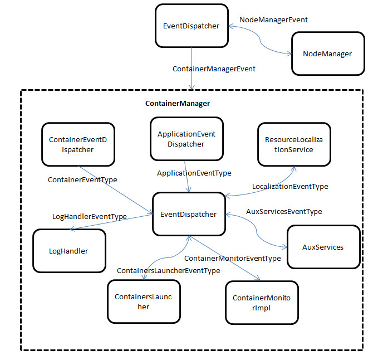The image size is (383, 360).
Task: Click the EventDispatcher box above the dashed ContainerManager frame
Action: coord(192,26)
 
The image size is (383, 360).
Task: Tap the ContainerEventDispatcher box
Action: coord(78,145)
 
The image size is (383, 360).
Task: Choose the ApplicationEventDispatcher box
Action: coord(186,139)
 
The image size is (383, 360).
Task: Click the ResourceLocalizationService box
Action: coord(293,145)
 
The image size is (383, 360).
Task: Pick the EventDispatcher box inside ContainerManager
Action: coord(189,214)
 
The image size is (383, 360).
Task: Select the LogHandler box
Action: coord(70,251)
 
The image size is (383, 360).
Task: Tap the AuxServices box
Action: coord(323,247)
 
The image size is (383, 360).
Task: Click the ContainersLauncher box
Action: coord(144,301)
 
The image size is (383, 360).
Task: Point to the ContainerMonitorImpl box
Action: coord(262,303)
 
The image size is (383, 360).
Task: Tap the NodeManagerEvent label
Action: coord(273,20)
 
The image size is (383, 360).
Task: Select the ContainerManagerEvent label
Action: coord(214,69)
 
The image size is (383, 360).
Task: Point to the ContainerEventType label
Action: coord(83,180)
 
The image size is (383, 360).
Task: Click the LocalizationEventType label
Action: coord(290,187)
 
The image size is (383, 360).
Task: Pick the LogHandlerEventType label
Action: coord(89,216)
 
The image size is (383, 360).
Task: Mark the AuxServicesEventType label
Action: coord(284,212)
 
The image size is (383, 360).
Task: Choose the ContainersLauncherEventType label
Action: coord(168,270)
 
